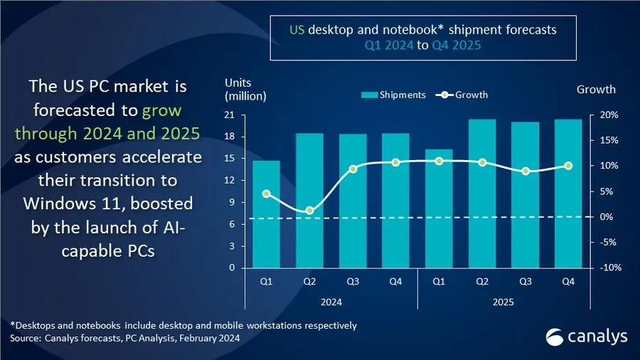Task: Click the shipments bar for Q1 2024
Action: point(266,214)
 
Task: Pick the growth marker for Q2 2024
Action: point(309,211)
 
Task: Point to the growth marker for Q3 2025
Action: point(526,171)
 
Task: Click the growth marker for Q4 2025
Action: point(568,166)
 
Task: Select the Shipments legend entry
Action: point(393,95)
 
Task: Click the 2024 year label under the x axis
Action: point(331,302)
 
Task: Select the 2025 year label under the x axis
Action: point(503,302)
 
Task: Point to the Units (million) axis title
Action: point(245,90)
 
